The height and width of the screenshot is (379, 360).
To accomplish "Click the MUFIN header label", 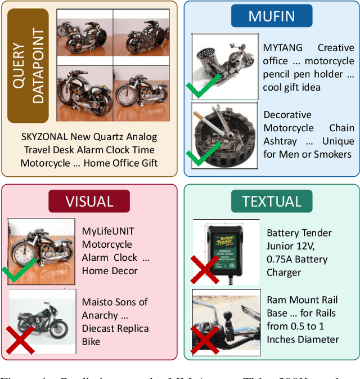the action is pos(272,16).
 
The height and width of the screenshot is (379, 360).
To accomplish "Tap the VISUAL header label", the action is pos(89,201).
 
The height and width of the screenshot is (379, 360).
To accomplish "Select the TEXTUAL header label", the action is pos(271,201).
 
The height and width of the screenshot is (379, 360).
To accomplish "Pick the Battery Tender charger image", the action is pos(226,251).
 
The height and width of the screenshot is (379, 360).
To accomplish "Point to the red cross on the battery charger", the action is pos(205,270).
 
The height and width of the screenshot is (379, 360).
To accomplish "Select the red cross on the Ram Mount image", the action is pos(205,341).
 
